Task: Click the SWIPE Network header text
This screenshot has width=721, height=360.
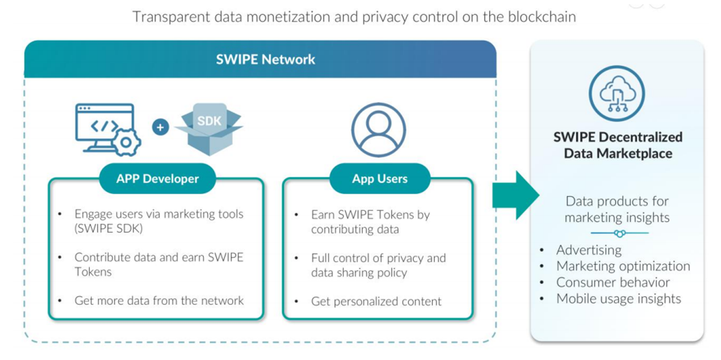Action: [x=266, y=60]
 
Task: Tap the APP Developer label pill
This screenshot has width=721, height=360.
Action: [x=158, y=179]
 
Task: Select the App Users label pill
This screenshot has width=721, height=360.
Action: [x=380, y=179]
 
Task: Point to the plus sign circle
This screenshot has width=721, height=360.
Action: [x=161, y=127]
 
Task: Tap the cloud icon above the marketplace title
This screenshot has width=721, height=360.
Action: [x=617, y=94]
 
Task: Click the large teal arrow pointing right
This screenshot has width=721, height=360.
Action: [x=516, y=196]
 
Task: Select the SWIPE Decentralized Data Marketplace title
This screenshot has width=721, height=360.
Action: [x=617, y=145]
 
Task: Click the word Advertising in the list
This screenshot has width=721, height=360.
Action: [x=589, y=250]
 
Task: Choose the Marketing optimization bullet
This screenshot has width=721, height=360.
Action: [x=623, y=266]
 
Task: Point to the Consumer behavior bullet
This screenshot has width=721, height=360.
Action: [x=613, y=282]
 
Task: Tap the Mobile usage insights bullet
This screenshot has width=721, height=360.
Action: [x=619, y=299]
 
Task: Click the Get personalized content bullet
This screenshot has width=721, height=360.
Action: [x=376, y=302]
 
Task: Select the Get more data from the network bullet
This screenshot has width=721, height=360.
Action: [x=159, y=300]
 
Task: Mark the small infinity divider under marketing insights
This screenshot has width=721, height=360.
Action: [x=619, y=233]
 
